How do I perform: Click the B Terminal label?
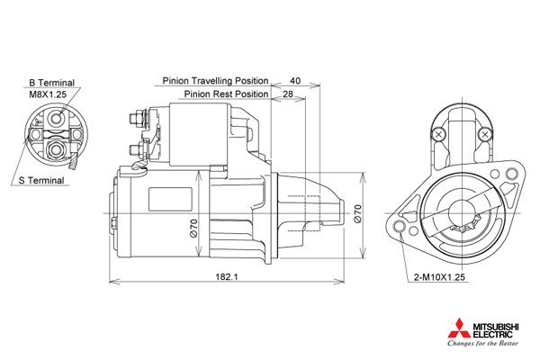(x=51, y=81)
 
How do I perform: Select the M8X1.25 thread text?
(x=47, y=93)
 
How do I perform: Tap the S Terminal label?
(x=41, y=180)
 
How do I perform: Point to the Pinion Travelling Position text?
(x=216, y=80)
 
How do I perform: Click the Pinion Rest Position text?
(x=227, y=94)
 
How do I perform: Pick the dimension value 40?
(x=295, y=80)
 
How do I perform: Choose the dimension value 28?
(x=288, y=94)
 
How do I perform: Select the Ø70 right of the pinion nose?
(x=357, y=213)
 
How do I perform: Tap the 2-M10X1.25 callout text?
(x=439, y=279)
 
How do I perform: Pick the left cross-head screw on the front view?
(x=438, y=134)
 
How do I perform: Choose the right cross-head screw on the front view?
(x=487, y=134)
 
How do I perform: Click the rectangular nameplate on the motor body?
(x=164, y=195)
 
